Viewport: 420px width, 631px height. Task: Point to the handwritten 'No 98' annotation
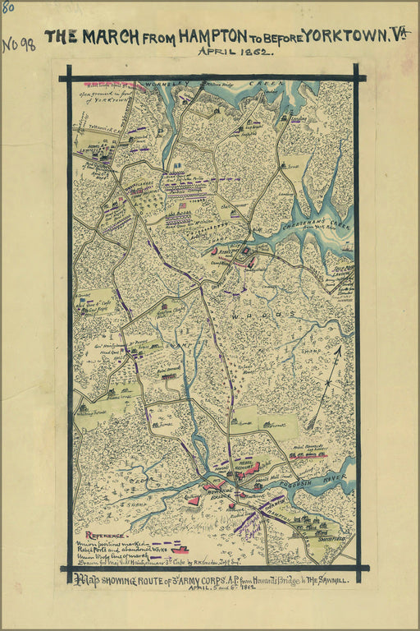click(18, 44)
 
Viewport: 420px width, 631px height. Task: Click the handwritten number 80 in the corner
click(7, 7)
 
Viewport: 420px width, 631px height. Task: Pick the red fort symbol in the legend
click(180, 549)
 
